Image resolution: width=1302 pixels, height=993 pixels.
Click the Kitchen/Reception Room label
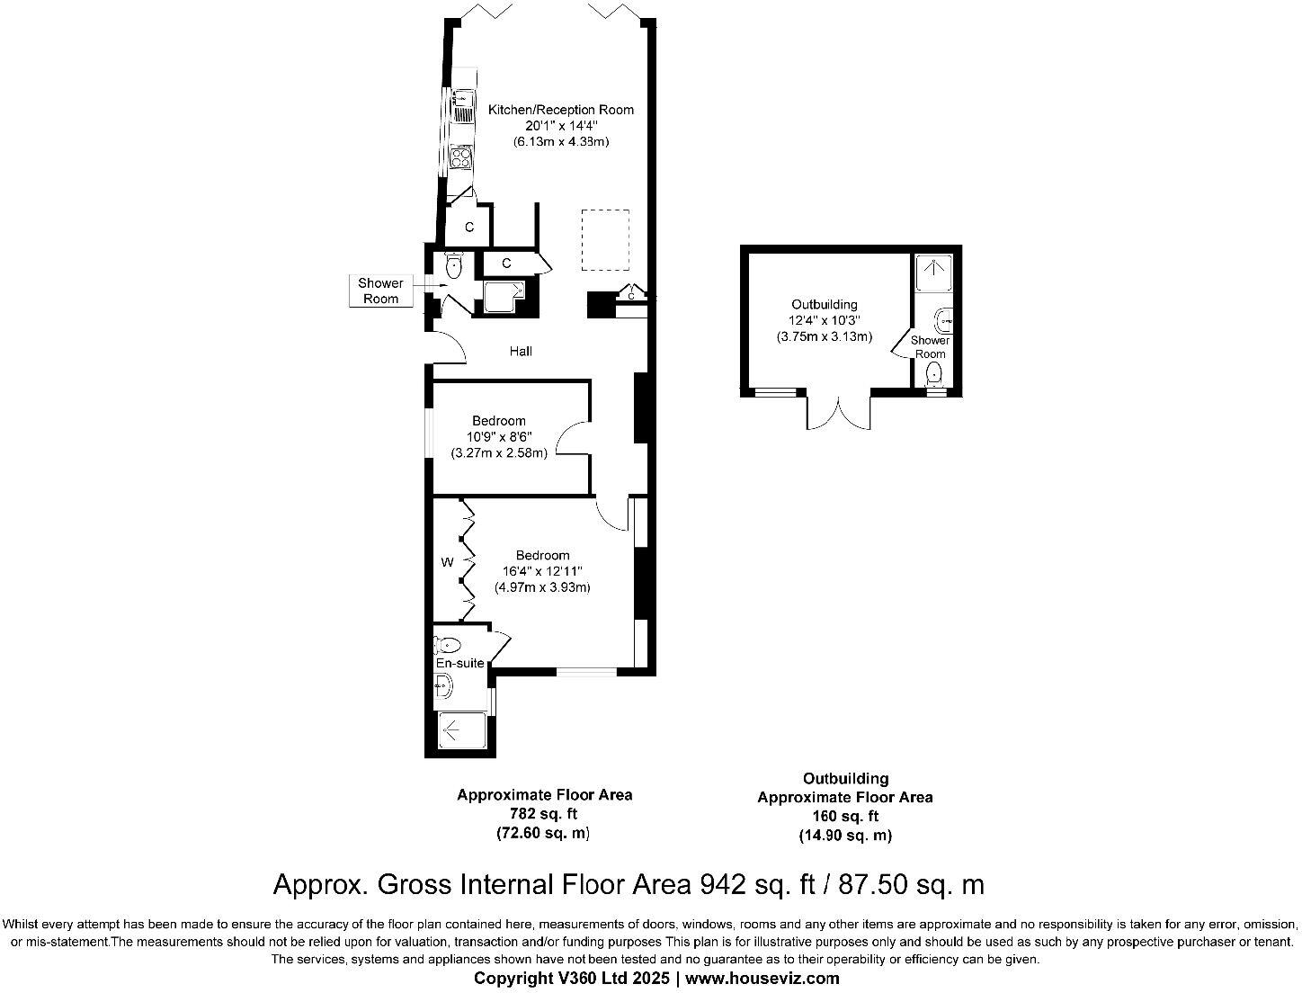pyautogui.click(x=560, y=110)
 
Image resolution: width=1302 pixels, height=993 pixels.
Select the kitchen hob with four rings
pyautogui.click(x=461, y=158)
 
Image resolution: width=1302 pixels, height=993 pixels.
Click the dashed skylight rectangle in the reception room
pyautogui.click(x=604, y=239)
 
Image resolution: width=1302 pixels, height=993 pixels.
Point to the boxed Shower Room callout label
pyautogui.click(x=381, y=291)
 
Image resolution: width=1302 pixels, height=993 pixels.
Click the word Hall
pyautogui.click(x=521, y=351)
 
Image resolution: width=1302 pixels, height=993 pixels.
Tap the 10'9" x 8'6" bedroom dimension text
pyautogui.click(x=499, y=437)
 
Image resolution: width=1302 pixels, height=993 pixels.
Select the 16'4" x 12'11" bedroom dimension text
pyautogui.click(x=542, y=571)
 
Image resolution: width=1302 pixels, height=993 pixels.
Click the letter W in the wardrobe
pyautogui.click(x=447, y=563)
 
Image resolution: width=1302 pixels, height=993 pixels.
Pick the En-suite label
pyautogui.click(x=459, y=664)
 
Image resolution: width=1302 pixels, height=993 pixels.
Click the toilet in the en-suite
pyautogui.click(x=448, y=644)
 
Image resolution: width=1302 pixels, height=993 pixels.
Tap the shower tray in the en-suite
pyautogui.click(x=463, y=730)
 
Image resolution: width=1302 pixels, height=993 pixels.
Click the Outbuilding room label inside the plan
pyautogui.click(x=824, y=305)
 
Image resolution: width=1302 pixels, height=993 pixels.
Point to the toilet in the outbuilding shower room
pyautogui.click(x=935, y=372)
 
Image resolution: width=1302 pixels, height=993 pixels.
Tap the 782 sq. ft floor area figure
pyautogui.click(x=543, y=814)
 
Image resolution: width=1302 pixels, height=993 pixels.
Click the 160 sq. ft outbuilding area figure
pyautogui.click(x=844, y=817)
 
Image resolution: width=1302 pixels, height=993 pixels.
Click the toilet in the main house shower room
pyautogui.click(x=453, y=264)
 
